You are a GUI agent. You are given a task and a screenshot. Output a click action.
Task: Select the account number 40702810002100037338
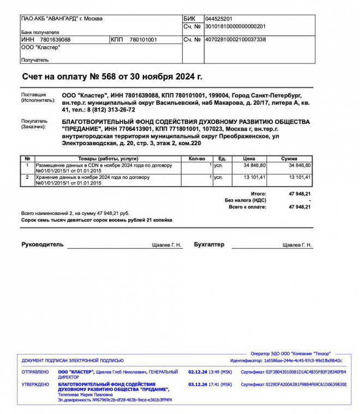point(235,40)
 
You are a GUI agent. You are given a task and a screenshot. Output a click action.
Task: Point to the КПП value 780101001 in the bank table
point(143,40)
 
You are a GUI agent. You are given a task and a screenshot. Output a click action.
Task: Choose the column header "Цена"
point(249,159)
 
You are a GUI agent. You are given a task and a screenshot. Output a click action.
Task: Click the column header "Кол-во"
point(196,159)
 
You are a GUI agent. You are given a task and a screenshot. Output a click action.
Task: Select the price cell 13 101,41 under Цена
point(255,177)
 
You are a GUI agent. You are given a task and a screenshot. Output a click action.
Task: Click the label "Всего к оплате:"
point(248,207)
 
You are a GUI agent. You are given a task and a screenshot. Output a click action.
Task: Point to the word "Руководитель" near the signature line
point(42,244)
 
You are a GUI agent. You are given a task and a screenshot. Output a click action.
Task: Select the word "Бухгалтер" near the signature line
point(209,244)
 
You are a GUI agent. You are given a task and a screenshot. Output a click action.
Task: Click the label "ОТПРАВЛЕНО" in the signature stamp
point(35,372)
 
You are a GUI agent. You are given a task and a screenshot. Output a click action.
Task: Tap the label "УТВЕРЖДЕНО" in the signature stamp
point(35,384)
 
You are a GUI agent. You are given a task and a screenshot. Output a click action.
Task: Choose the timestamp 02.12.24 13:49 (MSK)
point(210,372)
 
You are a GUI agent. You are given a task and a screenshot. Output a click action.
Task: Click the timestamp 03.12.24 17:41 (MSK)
point(210,384)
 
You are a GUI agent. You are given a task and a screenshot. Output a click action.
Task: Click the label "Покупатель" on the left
point(34,122)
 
